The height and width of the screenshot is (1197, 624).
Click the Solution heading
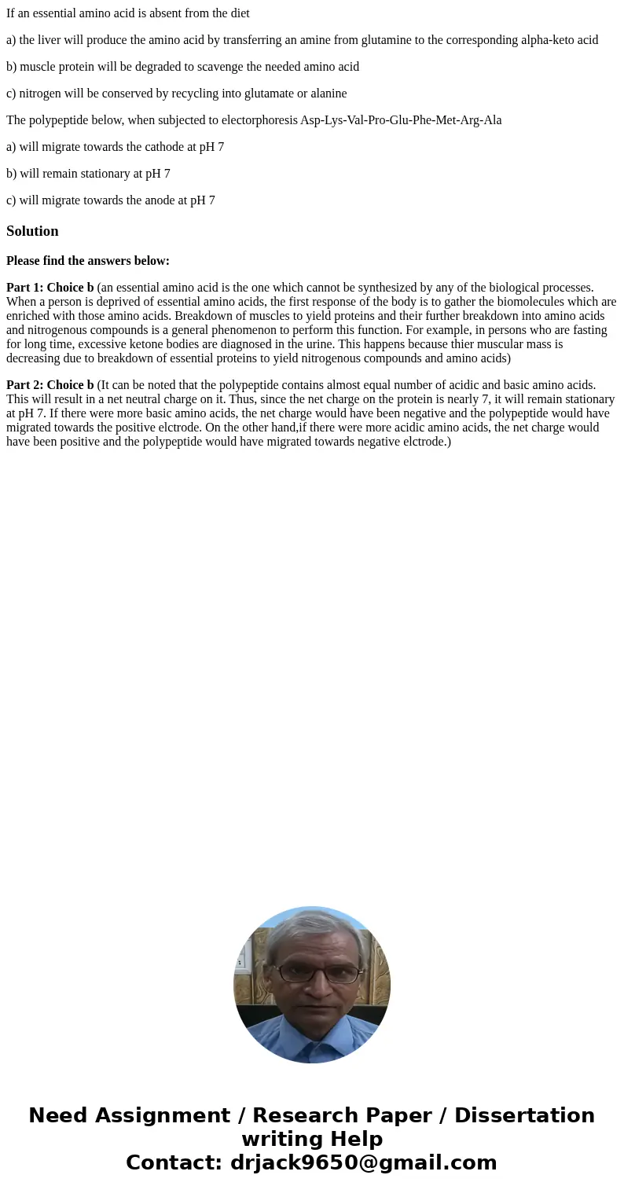pyautogui.click(x=32, y=231)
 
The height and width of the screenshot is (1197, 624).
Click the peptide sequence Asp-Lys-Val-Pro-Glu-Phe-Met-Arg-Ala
pyautogui.click(x=401, y=120)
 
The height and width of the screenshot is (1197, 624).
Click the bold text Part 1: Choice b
pyautogui.click(x=50, y=288)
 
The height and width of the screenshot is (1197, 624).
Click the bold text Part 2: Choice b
pyautogui.click(x=50, y=385)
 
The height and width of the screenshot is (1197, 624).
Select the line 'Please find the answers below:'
pyautogui.click(x=88, y=261)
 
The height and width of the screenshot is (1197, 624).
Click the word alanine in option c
pyautogui.click(x=325, y=94)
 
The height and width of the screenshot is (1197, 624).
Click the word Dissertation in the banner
pyautogui.click(x=524, y=1116)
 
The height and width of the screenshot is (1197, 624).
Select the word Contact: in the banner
pyautogui.click(x=174, y=1162)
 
